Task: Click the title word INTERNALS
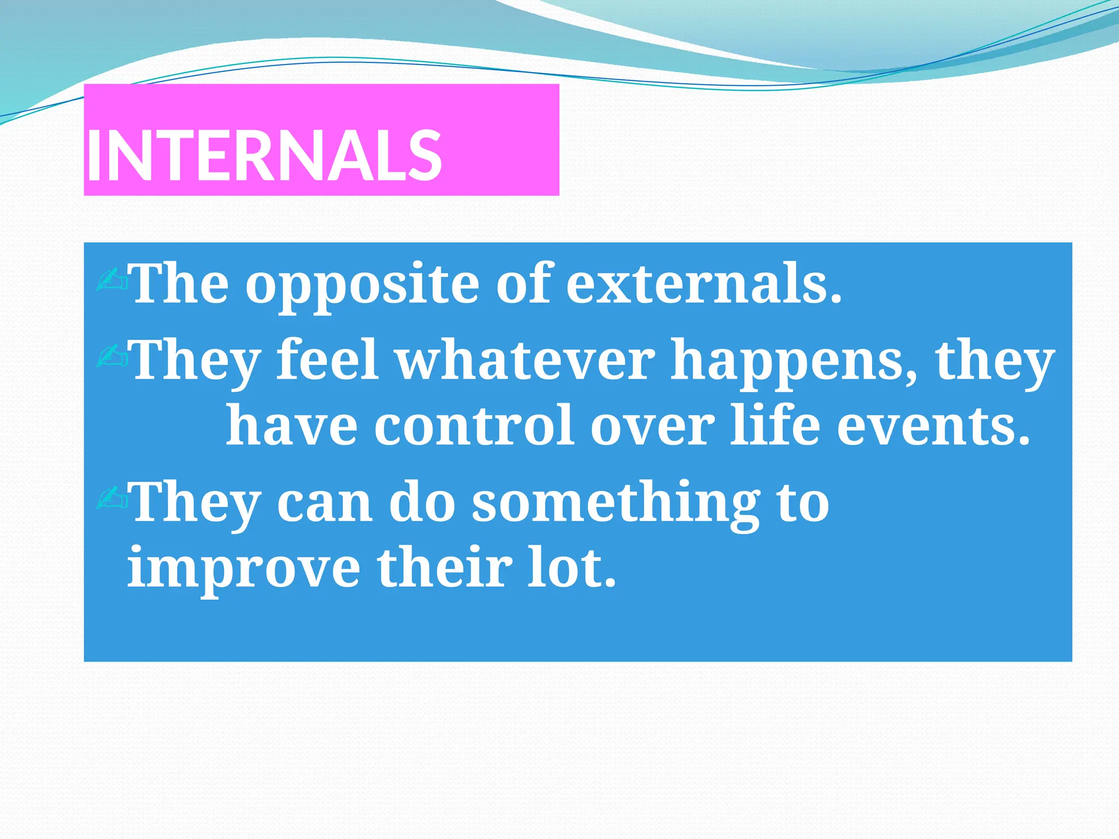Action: pyautogui.click(x=264, y=157)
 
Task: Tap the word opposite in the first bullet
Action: pyautogui.click(x=361, y=285)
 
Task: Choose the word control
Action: pyautogui.click(x=473, y=426)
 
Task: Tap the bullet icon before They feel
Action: pyautogui.click(x=112, y=356)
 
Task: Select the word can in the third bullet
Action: pyautogui.click(x=325, y=504)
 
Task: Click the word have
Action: pyautogui.click(x=291, y=426)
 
